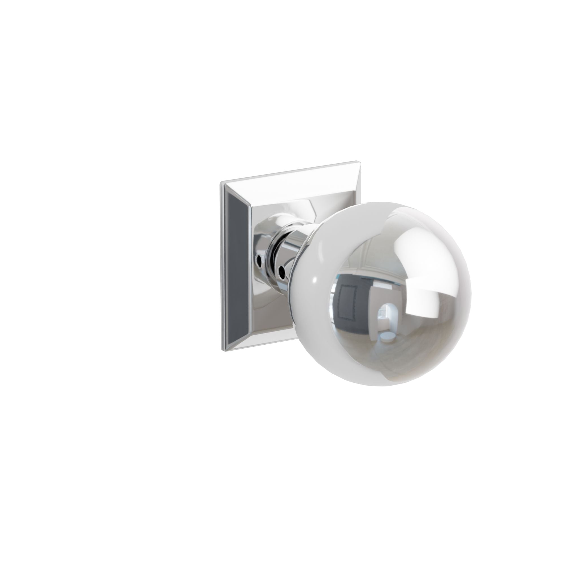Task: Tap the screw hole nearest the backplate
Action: click(x=258, y=251)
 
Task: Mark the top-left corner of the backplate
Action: click(x=221, y=183)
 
